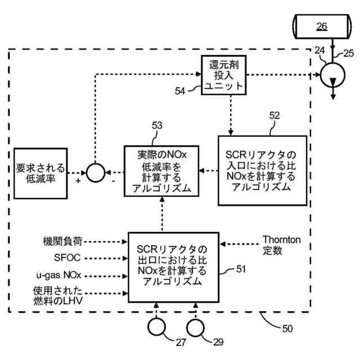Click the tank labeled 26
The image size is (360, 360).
pyautogui.click(x=322, y=26)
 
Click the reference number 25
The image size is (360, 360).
pyautogui.click(x=349, y=53)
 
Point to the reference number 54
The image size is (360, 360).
pyautogui.click(x=180, y=91)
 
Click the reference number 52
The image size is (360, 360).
pyautogui.click(x=274, y=115)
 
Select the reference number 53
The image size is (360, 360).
pyautogui.click(x=157, y=125)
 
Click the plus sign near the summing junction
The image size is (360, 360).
pyautogui.click(x=78, y=181)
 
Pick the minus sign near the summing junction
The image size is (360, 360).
pyautogui.click(x=114, y=181)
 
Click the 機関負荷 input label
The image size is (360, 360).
pyautogui.click(x=62, y=241)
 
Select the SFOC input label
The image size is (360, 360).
pyautogui.click(x=67, y=258)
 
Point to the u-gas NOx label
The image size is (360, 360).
pyautogui.click(x=58, y=275)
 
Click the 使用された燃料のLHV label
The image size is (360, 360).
pyautogui.click(x=58, y=296)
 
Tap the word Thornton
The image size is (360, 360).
pyautogui.click(x=282, y=240)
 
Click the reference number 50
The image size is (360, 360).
pyautogui.click(x=287, y=328)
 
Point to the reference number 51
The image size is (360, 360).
pyautogui.click(x=241, y=269)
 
